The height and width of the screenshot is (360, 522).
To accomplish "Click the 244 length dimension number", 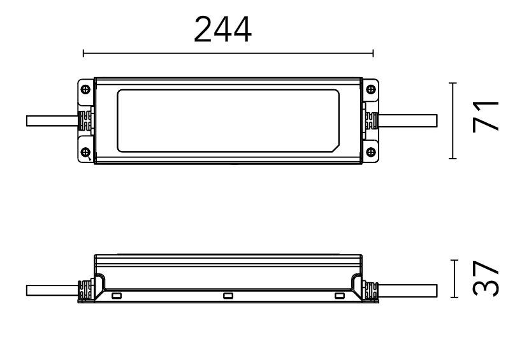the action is (x=222, y=29).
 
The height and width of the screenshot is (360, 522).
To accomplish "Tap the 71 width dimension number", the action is (x=486, y=117).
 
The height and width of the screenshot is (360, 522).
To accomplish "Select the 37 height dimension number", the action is (x=486, y=279).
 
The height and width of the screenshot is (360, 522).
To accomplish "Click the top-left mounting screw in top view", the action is (x=85, y=89).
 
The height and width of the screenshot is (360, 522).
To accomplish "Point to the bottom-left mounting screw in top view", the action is (x=85, y=152).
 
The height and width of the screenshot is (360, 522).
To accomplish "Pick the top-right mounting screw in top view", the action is (x=370, y=89).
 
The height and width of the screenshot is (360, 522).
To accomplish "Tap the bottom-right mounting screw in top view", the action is (x=370, y=152).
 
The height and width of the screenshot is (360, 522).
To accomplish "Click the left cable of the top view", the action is (x=52, y=121).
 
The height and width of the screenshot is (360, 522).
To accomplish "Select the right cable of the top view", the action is (x=407, y=121).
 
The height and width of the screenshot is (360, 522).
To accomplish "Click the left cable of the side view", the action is (x=52, y=291).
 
